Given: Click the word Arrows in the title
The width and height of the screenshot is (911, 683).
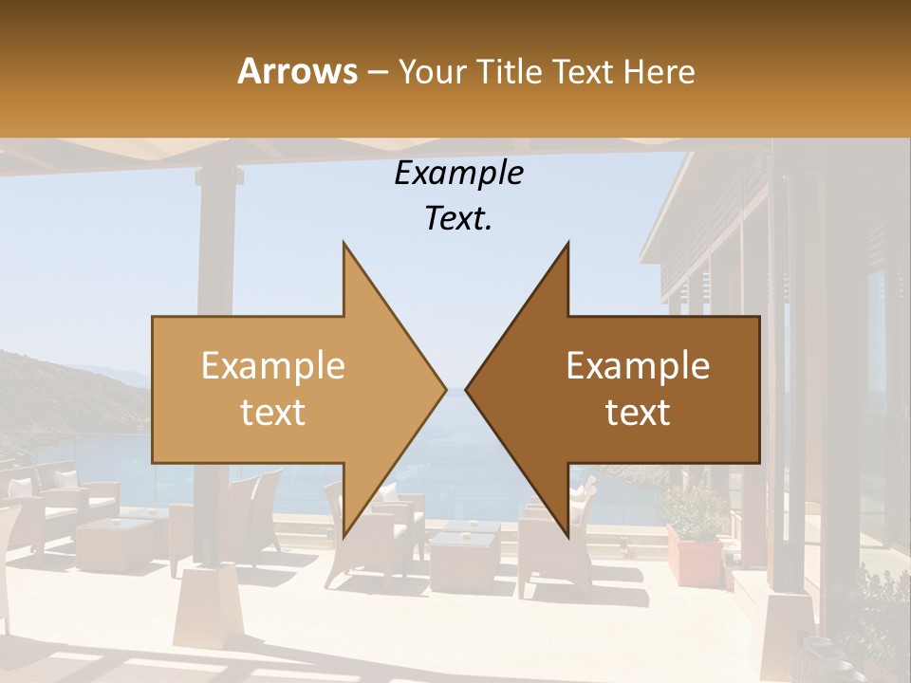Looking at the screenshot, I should [297, 71].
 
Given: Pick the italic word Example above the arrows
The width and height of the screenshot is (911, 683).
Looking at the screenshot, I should [458, 174].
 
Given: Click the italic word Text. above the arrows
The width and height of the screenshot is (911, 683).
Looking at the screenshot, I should [458, 219].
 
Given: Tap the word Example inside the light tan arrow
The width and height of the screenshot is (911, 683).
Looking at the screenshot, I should [273, 365].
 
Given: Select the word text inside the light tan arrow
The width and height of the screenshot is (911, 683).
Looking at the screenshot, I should [273, 413].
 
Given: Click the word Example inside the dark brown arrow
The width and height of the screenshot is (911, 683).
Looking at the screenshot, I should [638, 365].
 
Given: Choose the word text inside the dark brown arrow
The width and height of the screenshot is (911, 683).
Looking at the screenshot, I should [638, 413].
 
